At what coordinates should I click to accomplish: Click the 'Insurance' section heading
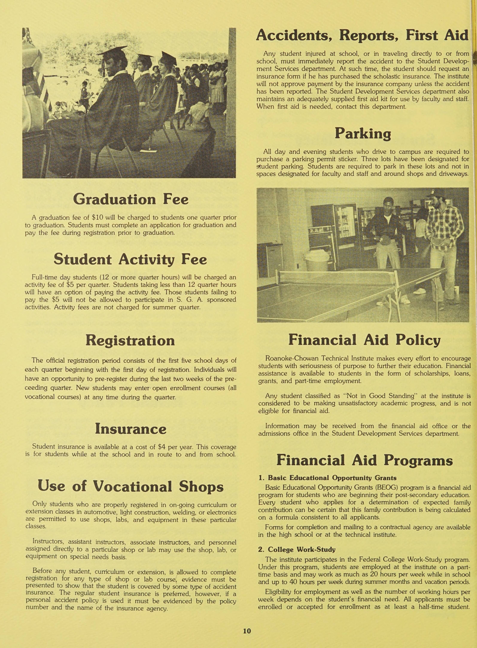coord(131,429)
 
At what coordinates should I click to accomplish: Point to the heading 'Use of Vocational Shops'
coord(131,486)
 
